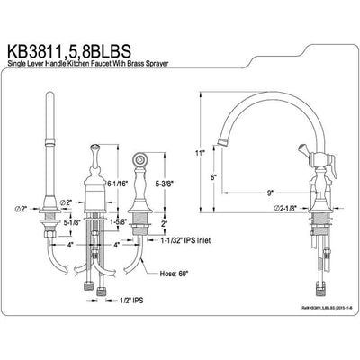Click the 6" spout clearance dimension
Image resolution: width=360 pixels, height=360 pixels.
[x=213, y=178]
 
